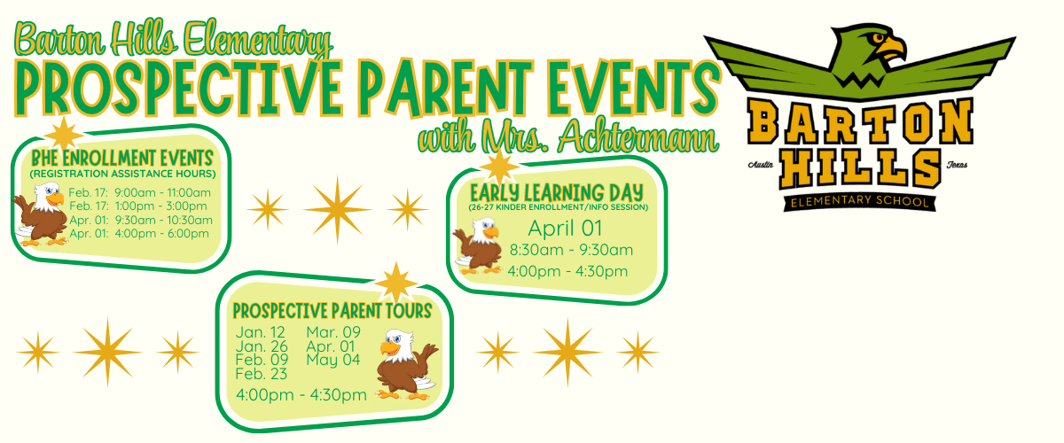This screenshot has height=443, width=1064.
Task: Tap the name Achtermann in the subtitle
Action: pos(638,136)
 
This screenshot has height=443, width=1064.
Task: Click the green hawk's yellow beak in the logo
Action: pos(891,49)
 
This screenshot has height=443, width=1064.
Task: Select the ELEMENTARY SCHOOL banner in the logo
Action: pos(859,201)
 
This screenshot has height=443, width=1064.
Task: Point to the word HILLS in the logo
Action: pos(860,167)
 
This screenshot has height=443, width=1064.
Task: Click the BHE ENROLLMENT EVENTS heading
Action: pos(122,158)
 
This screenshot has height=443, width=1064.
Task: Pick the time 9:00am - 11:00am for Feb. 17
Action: pos(162,192)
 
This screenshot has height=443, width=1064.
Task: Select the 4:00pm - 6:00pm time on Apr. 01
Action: pos(161,233)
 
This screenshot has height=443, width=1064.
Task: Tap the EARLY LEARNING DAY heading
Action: pos(557,193)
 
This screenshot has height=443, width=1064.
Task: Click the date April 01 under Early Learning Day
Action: pos(565,228)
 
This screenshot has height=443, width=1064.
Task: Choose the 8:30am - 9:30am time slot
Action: pos(571,250)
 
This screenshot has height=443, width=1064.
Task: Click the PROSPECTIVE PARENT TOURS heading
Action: pos(332,311)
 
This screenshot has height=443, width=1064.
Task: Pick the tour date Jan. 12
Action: pos(261,332)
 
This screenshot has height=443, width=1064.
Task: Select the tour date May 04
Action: pos(333,360)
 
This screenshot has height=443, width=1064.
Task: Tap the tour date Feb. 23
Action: pos(262,374)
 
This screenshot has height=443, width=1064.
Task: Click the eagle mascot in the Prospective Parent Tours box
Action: pos(407,364)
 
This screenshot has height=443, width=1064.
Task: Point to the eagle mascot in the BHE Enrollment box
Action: pos(41,214)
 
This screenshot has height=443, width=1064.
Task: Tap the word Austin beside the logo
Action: pos(761,165)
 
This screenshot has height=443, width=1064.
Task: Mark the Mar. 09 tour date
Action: pos(333,332)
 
